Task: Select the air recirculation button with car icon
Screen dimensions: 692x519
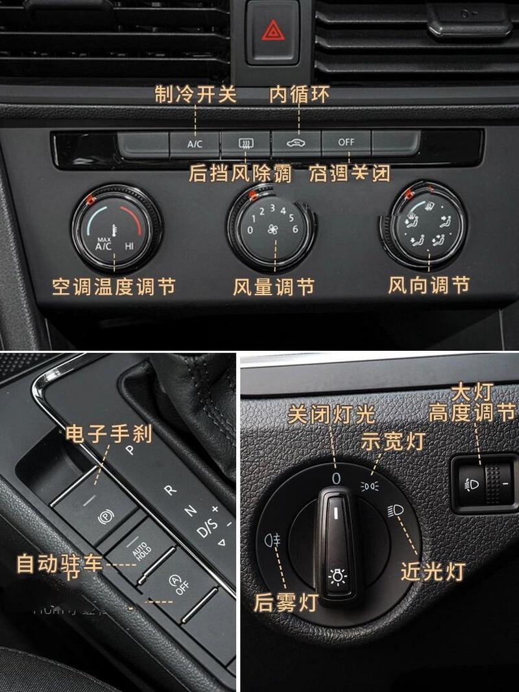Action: click(296, 143)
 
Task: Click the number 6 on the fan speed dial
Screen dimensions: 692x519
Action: click(295, 229)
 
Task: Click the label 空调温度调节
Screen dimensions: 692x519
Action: click(114, 286)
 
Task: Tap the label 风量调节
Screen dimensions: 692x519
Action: click(273, 286)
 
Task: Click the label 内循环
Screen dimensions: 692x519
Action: click(299, 95)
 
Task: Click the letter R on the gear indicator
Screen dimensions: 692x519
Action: click(170, 490)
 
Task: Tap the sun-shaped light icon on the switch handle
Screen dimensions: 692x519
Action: click(337, 575)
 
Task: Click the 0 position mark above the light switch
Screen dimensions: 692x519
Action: click(336, 479)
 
